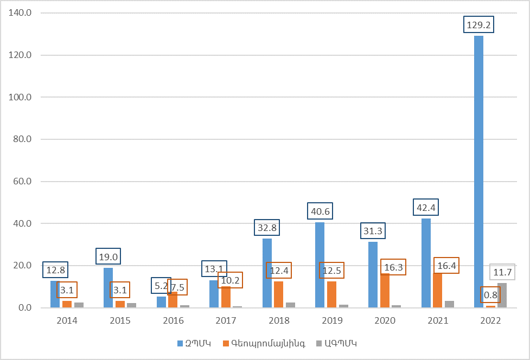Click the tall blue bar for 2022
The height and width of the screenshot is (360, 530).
coord(478,173)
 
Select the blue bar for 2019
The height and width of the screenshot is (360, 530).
coord(320,266)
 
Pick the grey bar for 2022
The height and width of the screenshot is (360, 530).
coord(502,296)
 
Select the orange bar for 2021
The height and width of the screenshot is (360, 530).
coord(437,293)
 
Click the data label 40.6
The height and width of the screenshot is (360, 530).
coord(320,211)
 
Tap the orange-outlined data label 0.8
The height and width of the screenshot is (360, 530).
coord(490,295)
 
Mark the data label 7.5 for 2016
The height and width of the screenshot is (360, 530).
coord(177,287)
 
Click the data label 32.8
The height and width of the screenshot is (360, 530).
coord(266,227)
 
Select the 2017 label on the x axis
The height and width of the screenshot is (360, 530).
coord(226,320)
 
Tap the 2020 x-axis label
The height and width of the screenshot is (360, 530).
coord(385,320)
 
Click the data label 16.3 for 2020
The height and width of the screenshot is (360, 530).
coord(393,267)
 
